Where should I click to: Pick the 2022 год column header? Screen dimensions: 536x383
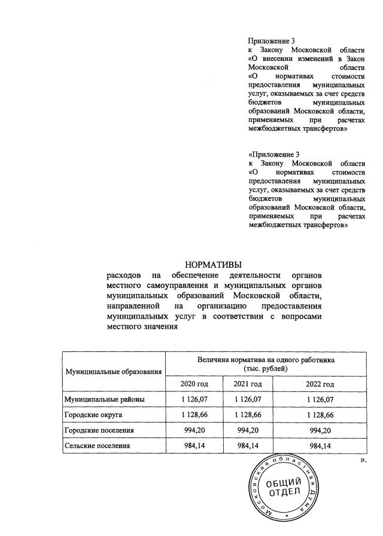pos(320,383)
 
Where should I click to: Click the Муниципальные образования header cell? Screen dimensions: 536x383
pos(114,372)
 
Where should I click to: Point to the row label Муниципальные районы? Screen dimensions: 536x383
pos(104,399)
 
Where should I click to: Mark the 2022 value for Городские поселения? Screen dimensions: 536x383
pos(320,430)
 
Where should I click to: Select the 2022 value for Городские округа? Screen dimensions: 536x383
pos(320,414)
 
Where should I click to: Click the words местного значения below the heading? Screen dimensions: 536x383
pos(142,327)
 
